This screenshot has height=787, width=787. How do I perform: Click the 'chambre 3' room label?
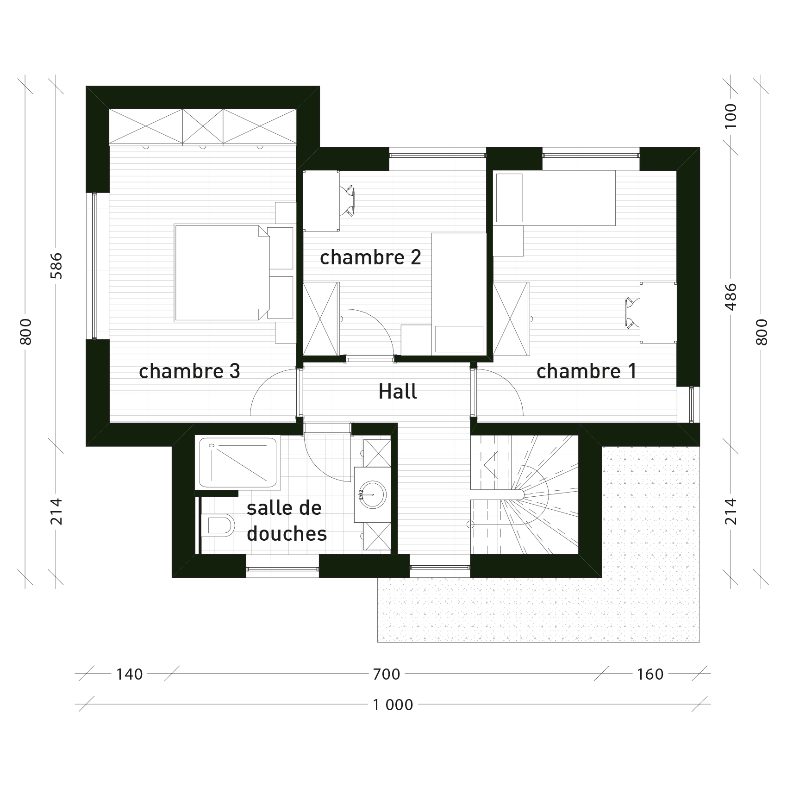pos(189,371)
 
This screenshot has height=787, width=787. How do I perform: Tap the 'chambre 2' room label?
pos(370,257)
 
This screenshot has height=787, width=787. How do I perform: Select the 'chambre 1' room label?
pos(586,371)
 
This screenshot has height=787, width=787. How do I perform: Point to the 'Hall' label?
pos(398,392)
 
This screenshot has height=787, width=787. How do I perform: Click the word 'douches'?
pos(287,534)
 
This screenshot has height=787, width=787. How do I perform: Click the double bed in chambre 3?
pos(222,273)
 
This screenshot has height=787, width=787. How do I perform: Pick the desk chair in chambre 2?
pos(348,201)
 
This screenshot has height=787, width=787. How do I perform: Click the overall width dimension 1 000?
pos(393,705)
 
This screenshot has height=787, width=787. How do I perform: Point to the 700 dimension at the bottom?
pos(387,675)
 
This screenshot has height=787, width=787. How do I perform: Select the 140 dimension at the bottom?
pos(129,675)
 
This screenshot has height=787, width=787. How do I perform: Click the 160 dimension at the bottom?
pos(650,675)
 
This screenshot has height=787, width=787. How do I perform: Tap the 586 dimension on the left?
pos(56,266)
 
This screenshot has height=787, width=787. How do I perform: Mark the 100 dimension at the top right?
pos(730,116)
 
